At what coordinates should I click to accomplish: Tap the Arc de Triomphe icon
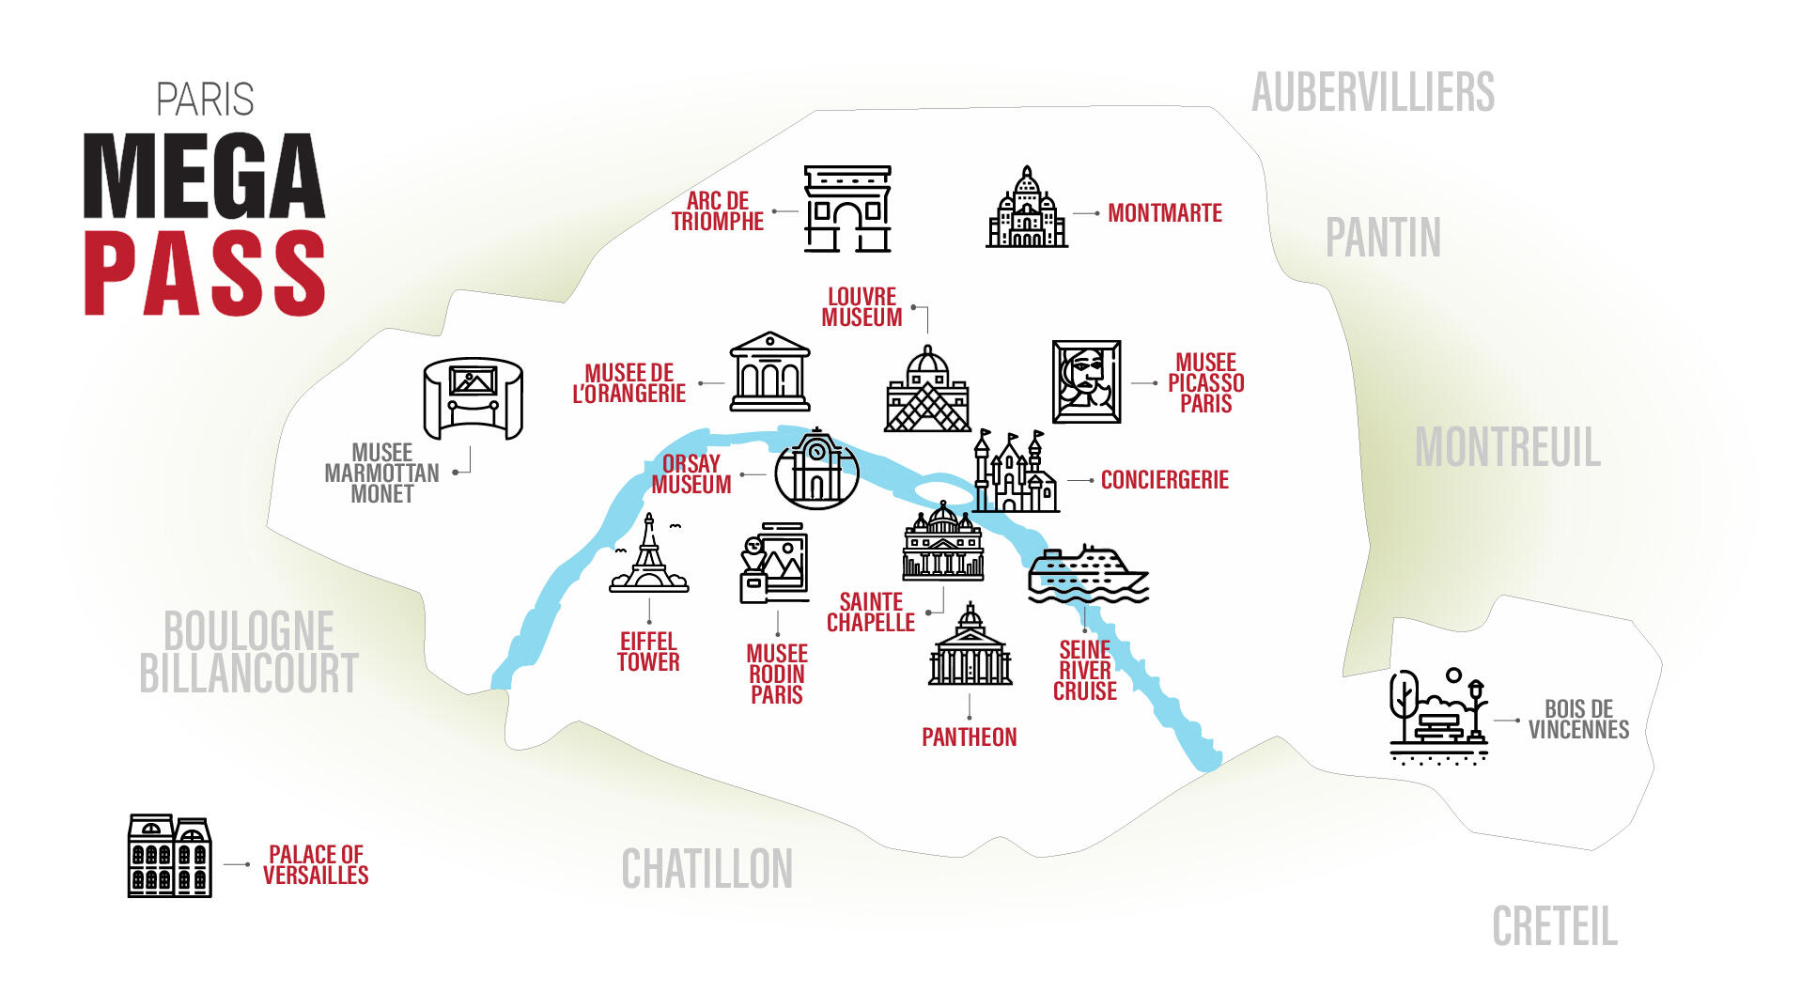pyautogui.click(x=846, y=209)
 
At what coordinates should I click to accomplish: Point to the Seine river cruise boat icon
pyautogui.click(x=1087, y=572)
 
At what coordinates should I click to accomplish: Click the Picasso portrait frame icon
pyautogui.click(x=1086, y=381)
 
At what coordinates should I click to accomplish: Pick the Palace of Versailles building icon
pyautogui.click(x=169, y=856)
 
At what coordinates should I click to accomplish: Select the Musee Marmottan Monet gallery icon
pyautogui.click(x=473, y=398)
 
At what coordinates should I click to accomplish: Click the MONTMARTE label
pyautogui.click(x=1164, y=213)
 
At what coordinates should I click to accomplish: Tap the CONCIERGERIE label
pyautogui.click(x=1164, y=480)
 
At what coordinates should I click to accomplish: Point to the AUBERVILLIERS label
pyautogui.click(x=1372, y=92)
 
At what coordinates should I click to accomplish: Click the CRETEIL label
pyautogui.click(x=1554, y=927)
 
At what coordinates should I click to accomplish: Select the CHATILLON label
pyautogui.click(x=706, y=869)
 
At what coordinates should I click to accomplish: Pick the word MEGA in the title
pyautogui.click(x=204, y=177)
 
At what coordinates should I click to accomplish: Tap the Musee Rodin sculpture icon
pyautogui.click(x=774, y=564)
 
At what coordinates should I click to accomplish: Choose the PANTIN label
pyautogui.click(x=1382, y=238)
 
